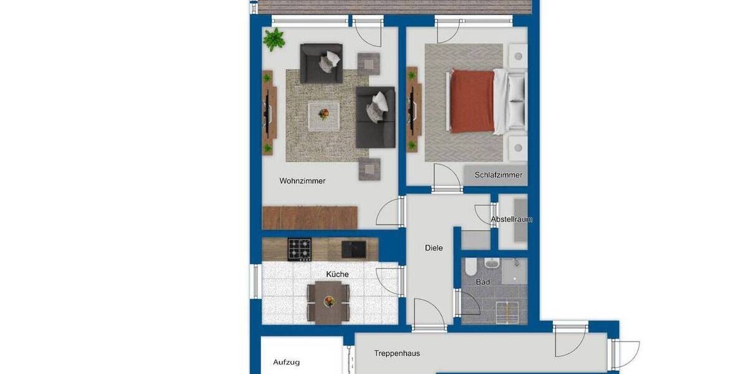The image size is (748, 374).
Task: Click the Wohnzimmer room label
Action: (x=302, y=181)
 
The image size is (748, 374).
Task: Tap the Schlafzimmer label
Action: (x=498, y=175)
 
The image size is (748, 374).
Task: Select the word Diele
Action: (x=434, y=248)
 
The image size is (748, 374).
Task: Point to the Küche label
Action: (x=337, y=274)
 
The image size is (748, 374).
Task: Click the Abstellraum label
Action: (x=511, y=219)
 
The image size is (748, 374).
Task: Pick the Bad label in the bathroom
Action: (x=482, y=282)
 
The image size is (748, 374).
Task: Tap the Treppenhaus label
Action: (x=397, y=353)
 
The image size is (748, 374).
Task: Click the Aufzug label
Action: (x=286, y=362)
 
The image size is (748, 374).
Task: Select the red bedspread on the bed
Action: (x=472, y=101)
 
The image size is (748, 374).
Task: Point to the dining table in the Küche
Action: (x=328, y=301)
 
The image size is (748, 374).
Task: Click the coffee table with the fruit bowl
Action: (x=324, y=115)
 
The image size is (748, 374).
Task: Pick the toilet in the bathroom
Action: (x=471, y=269)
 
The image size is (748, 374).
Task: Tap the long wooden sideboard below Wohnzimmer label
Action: (x=310, y=218)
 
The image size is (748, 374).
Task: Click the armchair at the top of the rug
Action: (x=321, y=63)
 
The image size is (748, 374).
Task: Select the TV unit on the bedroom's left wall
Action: (x=413, y=109)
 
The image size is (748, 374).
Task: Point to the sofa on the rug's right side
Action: (x=375, y=117)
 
